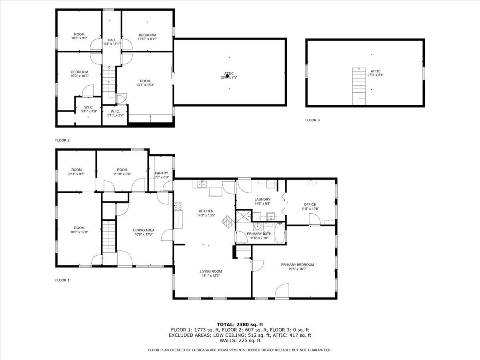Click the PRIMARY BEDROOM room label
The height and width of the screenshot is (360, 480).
297,264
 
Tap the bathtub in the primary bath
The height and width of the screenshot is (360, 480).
279,234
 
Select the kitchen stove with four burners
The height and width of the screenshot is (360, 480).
178,207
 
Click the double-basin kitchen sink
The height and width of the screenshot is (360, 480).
201,184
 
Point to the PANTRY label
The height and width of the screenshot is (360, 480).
161,173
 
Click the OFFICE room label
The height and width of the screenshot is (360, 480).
310,204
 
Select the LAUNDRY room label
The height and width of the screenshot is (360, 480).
262,199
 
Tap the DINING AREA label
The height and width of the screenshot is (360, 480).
144,230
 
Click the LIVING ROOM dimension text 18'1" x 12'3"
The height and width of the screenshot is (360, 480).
211,275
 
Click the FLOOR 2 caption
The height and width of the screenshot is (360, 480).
62,140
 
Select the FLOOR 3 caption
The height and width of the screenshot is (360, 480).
312,120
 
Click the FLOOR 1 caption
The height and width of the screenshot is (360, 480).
62,280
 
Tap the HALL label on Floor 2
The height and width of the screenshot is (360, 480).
112,40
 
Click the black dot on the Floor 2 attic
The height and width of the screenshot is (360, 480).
227,76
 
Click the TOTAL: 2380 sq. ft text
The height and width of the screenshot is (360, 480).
240,324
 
